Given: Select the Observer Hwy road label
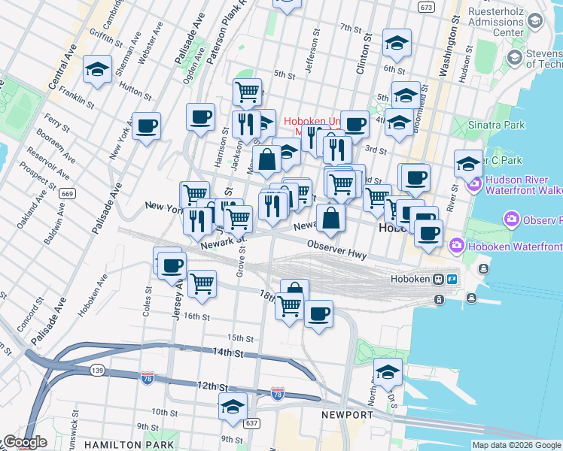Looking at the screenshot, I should [x=336, y=250].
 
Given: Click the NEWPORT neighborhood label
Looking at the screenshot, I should [x=347, y=415].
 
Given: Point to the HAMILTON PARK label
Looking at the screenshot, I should [x=120, y=445].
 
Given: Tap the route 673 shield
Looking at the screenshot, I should [x=427, y=7].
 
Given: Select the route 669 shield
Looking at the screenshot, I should [x=67, y=193].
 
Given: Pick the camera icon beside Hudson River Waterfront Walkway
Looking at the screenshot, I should [x=475, y=183].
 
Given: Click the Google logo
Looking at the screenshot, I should [x=24, y=442].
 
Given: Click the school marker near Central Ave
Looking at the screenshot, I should [x=97, y=69].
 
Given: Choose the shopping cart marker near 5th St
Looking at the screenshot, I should [x=247, y=92].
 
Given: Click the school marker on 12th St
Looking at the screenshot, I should [x=233, y=406].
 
